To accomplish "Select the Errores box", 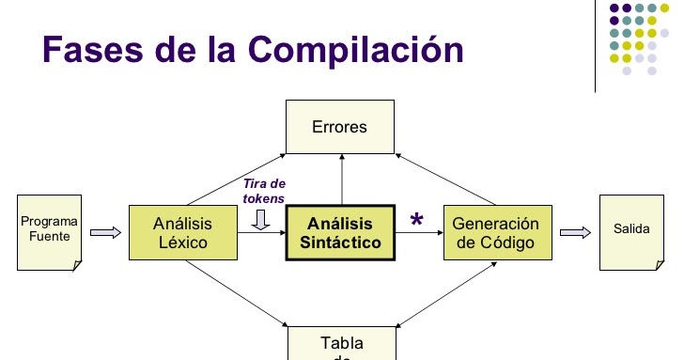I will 339,127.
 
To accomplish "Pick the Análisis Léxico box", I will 182,232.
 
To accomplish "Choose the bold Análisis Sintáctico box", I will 339,232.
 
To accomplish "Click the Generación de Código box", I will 495,232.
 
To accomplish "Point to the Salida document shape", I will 630,231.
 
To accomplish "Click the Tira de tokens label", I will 263,191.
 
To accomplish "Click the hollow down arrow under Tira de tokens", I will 262,218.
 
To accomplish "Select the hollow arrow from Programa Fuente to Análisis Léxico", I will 105,232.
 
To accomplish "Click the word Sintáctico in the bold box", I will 340,242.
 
